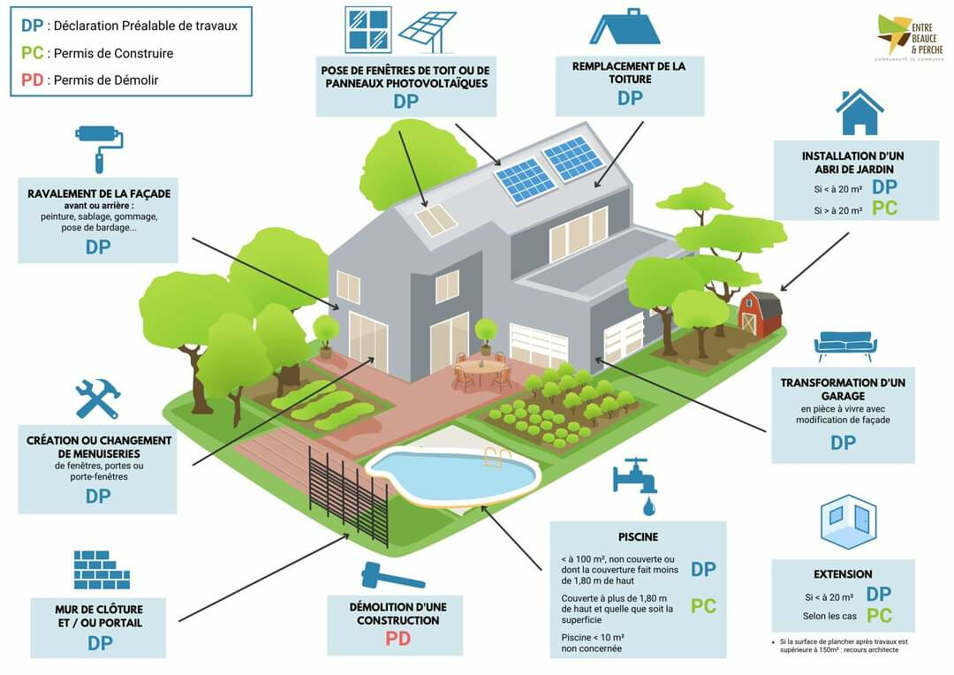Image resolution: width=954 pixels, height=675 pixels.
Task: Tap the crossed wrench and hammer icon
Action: [x=96, y=399]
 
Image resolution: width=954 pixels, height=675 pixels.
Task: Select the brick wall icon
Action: [x=102, y=570]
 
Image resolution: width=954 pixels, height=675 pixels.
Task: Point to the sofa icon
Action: [x=845, y=345]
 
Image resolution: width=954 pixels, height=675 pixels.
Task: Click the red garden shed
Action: [x=761, y=313]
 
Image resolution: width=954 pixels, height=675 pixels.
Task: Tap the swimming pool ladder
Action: [x=498, y=458]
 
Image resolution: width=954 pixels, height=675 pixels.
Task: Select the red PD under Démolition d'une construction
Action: [x=397, y=638]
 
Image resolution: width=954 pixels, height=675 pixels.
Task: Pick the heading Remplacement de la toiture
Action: [x=629, y=72]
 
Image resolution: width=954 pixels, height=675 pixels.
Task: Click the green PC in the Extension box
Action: [x=879, y=616]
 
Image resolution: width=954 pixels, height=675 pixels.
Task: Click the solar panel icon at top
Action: [x=427, y=31]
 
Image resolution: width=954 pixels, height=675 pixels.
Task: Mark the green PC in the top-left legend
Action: [x=32, y=53]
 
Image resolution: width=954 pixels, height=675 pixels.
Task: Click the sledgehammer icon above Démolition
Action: [x=392, y=576]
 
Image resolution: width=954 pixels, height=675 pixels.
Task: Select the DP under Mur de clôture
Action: [x=100, y=643]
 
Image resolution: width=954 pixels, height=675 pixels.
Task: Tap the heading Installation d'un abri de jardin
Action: [x=852, y=163]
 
